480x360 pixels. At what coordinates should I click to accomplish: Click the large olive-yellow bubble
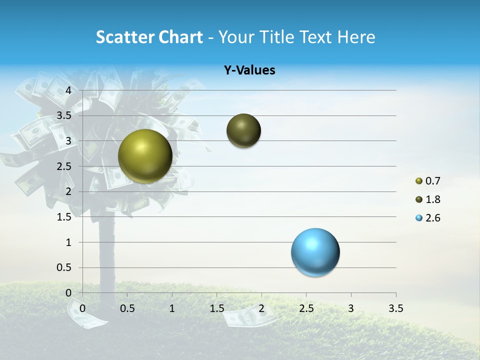145,156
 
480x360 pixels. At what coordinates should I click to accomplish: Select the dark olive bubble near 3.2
243,130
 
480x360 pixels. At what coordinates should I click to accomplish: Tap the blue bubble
315,252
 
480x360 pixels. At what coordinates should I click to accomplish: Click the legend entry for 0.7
428,181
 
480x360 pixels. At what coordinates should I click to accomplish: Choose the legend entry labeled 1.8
428,199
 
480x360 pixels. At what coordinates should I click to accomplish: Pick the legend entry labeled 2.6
428,218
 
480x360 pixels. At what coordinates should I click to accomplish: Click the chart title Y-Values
249,70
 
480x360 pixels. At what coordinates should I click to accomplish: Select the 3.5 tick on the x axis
395,308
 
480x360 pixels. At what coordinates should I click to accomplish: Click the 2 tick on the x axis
261,308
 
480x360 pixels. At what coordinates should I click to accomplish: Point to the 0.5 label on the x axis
127,308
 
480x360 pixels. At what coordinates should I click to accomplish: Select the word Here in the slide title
356,37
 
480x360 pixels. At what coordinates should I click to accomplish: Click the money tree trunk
106,250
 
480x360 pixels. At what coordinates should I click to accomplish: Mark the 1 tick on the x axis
172,308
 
